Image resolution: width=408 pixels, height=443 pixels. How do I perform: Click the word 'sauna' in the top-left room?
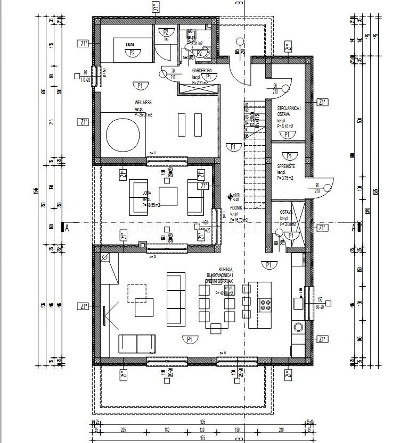tap(130, 45)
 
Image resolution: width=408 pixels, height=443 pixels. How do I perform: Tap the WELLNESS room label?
tap(143, 102)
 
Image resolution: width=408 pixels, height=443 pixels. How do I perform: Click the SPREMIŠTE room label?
tap(286, 166)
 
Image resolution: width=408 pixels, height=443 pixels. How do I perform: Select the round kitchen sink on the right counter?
tap(298, 326)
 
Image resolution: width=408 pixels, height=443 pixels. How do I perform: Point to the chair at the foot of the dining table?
tap(216, 327)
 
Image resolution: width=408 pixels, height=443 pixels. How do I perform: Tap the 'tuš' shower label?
tap(166, 39)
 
